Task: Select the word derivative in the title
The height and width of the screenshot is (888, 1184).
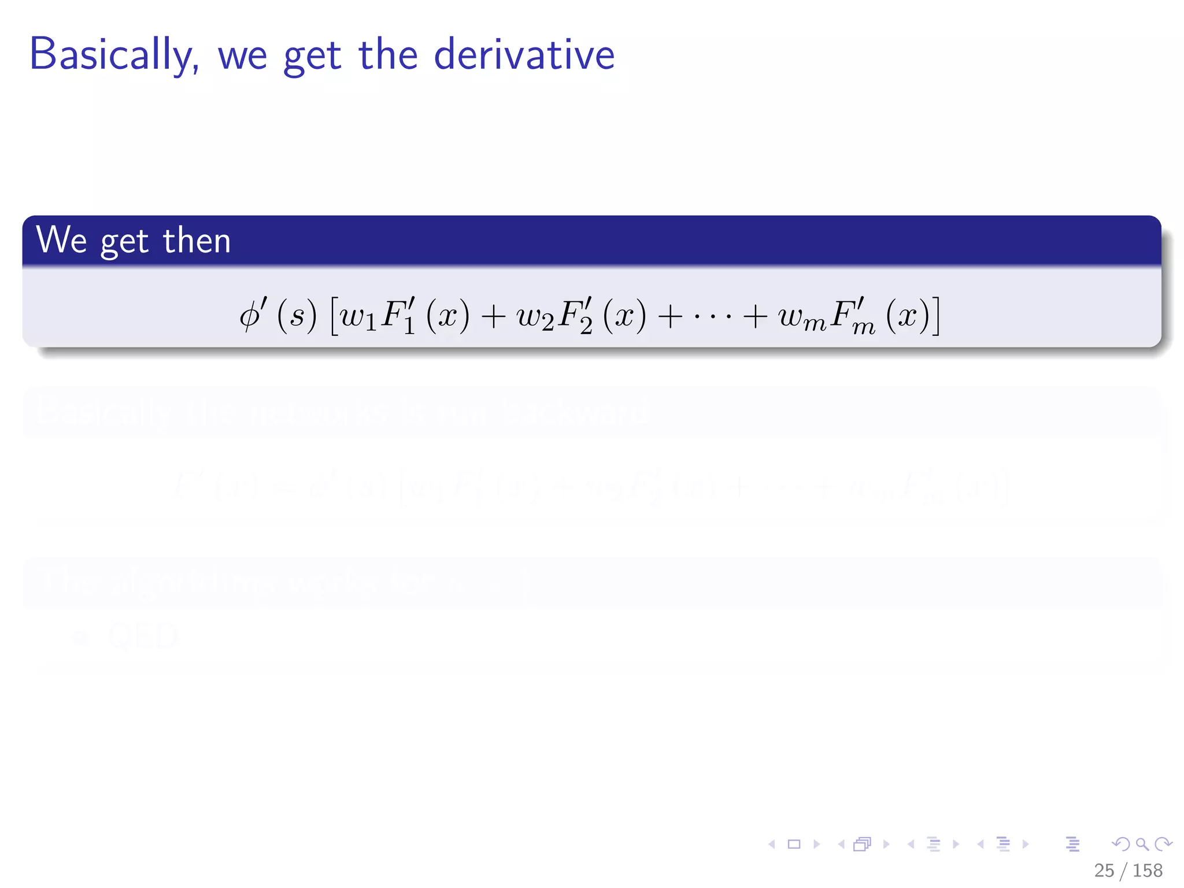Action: pos(524,55)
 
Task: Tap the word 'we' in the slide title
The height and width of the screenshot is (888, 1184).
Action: pos(242,56)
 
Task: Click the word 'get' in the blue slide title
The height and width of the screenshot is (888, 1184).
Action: pos(312,57)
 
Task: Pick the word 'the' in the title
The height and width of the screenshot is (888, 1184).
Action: pos(388,55)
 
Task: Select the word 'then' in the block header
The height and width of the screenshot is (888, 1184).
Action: pos(197,240)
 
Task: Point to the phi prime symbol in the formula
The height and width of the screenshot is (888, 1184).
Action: pos(253,316)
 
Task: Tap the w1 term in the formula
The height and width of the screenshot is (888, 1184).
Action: pos(358,317)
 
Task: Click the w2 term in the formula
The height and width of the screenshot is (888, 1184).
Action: pos(535,317)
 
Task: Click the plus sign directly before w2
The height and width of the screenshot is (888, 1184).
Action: pos(493,317)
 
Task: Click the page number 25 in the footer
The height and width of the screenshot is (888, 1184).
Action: pos(1104,870)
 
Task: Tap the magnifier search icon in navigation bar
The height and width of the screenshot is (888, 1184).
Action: pos(1142,844)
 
